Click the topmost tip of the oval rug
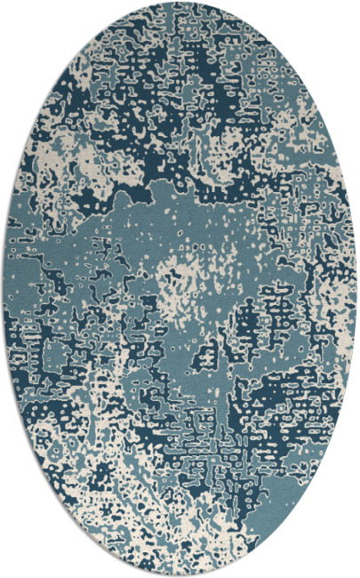pyautogui.click(x=180, y=4)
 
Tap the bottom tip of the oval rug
pyautogui.click(x=180, y=574)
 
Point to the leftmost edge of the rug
pyautogui.click(x=4, y=289)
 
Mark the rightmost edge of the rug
pyautogui.click(x=356, y=289)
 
